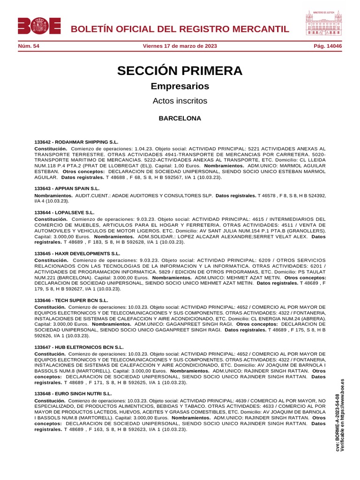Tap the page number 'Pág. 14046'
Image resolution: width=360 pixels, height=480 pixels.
coord(328,46)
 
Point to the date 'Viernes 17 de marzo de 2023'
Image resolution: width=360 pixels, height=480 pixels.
coord(180,46)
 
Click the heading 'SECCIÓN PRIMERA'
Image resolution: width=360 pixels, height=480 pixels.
coord(180,71)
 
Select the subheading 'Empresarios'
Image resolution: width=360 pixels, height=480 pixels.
coord(180,86)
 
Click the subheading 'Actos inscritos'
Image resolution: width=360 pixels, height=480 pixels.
coord(180,101)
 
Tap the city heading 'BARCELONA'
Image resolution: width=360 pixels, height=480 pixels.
coord(180,118)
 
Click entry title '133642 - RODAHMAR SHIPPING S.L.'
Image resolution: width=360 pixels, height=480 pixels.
coord(76,142)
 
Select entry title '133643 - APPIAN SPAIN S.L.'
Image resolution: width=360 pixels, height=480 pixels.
coord(67,188)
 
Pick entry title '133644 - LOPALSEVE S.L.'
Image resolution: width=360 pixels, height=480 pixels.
coord(64,212)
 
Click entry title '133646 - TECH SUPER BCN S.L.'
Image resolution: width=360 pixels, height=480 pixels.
coord(71,300)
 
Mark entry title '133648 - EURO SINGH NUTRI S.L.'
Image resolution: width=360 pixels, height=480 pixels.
coord(73,393)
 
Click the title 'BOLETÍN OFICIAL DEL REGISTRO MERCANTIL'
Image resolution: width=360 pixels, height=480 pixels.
coord(180,29)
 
